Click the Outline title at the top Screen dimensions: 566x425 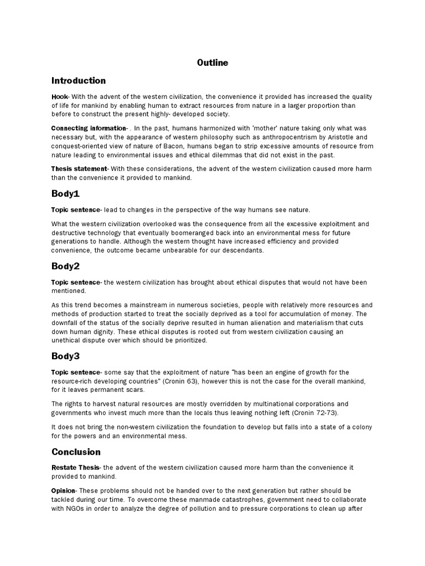point(212,63)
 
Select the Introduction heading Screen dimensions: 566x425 point(79,81)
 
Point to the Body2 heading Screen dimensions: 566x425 point(65,266)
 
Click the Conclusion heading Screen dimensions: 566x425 point(76,452)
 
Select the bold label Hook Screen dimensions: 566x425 point(60,97)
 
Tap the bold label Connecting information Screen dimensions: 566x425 point(89,129)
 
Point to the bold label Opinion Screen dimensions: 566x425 point(63,491)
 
